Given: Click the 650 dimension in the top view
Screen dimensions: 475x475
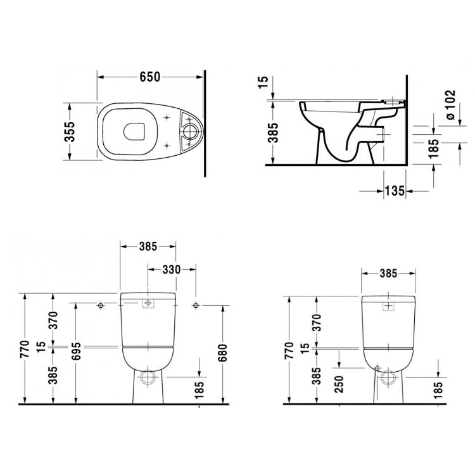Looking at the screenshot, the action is (x=149, y=77).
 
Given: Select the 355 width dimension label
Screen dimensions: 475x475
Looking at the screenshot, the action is (x=70, y=132).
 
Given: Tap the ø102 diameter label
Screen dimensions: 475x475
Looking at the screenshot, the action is (x=451, y=104).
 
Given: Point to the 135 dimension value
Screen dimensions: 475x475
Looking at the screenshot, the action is (x=395, y=191).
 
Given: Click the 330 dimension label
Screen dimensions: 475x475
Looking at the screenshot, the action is (x=172, y=269).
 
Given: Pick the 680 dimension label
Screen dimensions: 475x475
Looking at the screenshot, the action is (x=222, y=353).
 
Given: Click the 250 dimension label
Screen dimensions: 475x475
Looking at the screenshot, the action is (x=339, y=384).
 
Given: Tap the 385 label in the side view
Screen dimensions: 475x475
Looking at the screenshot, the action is (x=274, y=132).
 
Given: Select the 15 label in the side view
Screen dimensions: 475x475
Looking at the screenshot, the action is (x=263, y=82).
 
